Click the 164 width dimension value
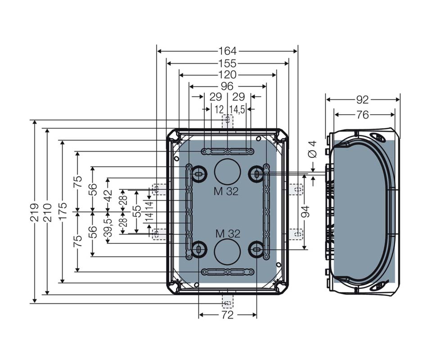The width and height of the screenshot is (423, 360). click(227, 51)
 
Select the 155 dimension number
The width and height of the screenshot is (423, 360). click(227, 64)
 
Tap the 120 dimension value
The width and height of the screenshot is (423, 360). click(227, 75)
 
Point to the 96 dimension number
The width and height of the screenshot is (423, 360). click(227, 86)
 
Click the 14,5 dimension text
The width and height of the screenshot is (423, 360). click(237, 109)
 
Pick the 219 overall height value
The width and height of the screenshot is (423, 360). click(35, 212)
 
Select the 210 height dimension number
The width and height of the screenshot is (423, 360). click(47, 212)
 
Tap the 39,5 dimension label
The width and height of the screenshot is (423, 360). click(108, 228)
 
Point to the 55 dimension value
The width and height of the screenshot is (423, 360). click(137, 211)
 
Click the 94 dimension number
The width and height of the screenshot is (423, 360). click(305, 212)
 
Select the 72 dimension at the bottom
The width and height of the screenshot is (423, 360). click(227, 315)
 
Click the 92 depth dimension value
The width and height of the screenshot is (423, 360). click(362, 100)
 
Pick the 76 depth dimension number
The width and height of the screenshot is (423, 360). click(362, 115)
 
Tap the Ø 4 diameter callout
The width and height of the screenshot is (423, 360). click(313, 149)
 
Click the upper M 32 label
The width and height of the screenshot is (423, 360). click(226, 191)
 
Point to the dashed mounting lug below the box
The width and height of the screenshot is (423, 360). click(227, 301)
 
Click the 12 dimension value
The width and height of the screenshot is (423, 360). click(219, 109)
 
